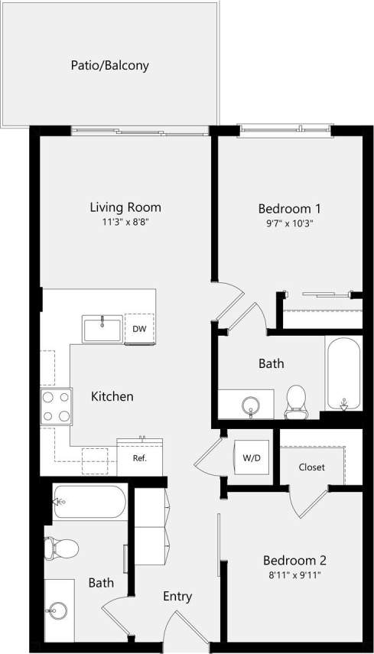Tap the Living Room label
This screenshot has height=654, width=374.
pos(125,207)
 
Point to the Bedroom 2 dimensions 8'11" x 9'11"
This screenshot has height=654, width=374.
pos(295,574)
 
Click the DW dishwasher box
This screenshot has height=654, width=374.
pos(139,329)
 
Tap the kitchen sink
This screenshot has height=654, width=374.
pos(102,329)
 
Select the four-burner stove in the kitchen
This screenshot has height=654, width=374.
pos(56,406)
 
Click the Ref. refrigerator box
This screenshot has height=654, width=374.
pos(139,459)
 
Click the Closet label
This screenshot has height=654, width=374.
pos(311,467)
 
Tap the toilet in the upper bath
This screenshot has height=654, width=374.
pos(295,401)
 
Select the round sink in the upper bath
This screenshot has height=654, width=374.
pos(251,404)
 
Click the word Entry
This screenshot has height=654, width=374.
pos(177,597)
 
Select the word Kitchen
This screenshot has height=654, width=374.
pos(112,396)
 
